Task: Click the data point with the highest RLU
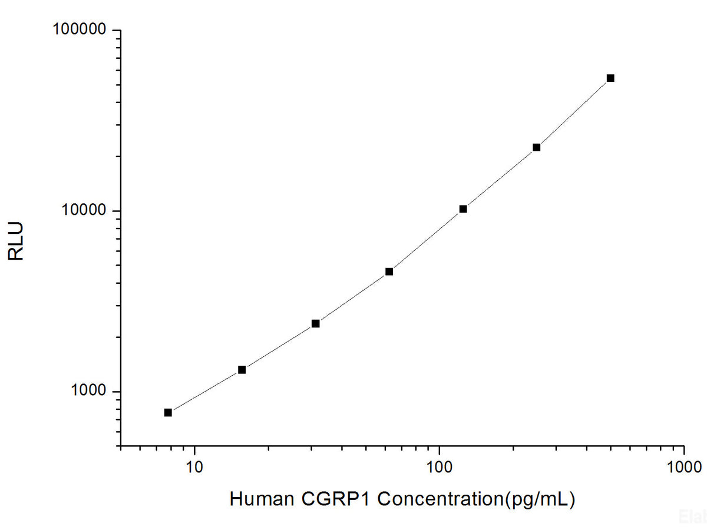pyautogui.click(x=610, y=78)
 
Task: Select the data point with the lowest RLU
pyautogui.click(x=168, y=412)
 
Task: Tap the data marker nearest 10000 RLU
pyautogui.click(x=463, y=208)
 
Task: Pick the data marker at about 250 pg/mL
pyautogui.click(x=537, y=147)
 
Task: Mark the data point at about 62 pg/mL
pyautogui.click(x=389, y=271)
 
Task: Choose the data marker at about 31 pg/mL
pyautogui.click(x=315, y=323)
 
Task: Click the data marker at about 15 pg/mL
pyautogui.click(x=242, y=369)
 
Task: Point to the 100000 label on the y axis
pyautogui.click(x=80, y=30)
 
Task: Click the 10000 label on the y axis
pyautogui.click(x=84, y=211)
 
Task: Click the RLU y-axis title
pyautogui.click(x=16, y=241)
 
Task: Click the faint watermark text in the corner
pyautogui.click(x=692, y=516)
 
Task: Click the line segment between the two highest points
pyautogui.click(x=574, y=112)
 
